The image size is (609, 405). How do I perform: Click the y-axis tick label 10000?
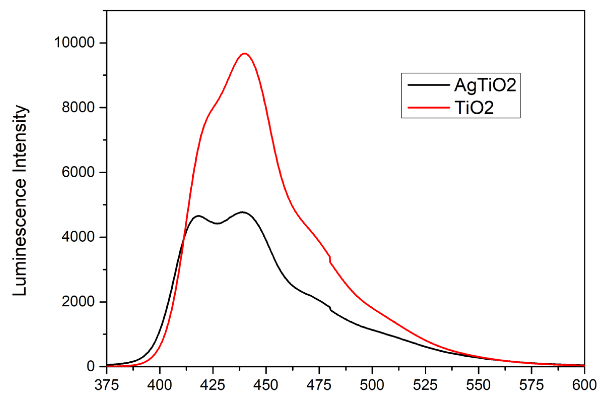[x=74, y=43]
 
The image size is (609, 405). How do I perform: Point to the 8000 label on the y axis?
[x=78, y=107]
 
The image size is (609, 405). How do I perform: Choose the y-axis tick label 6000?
[x=78, y=172]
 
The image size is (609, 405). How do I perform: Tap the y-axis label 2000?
[x=78, y=302]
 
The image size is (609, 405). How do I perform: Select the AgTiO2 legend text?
[x=485, y=85]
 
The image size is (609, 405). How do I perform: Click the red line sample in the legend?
[x=429, y=107]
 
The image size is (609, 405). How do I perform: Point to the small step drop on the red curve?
[x=330, y=260]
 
